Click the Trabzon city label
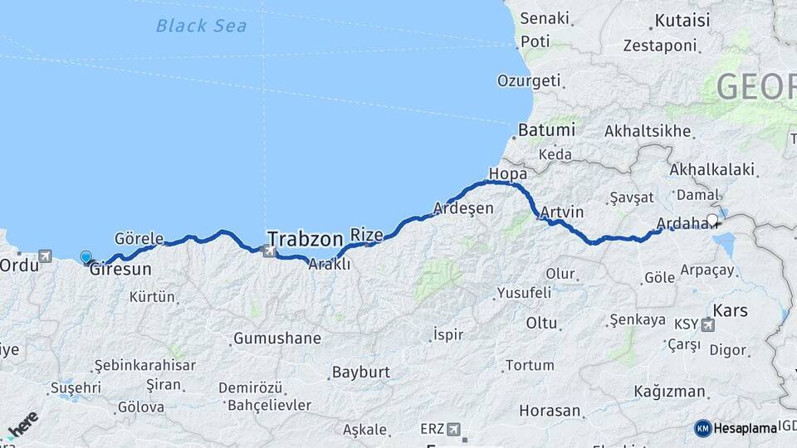pyautogui.click(x=305, y=240)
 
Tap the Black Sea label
pyautogui.click(x=201, y=26)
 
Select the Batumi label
pyautogui.click(x=546, y=130)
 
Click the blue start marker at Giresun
pyautogui.click(x=86, y=257)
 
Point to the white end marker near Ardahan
pyautogui.click(x=712, y=221)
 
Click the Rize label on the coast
pyautogui.click(x=367, y=235)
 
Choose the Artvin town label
pyautogui.click(x=562, y=212)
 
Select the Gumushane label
pyautogui.click(x=276, y=338)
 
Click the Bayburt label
pyautogui.click(x=360, y=372)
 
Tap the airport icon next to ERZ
pyautogui.click(x=453, y=428)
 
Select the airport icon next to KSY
pyautogui.click(x=707, y=324)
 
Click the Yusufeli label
pyautogui.click(x=524, y=293)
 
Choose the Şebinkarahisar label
pyautogui.click(x=144, y=365)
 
